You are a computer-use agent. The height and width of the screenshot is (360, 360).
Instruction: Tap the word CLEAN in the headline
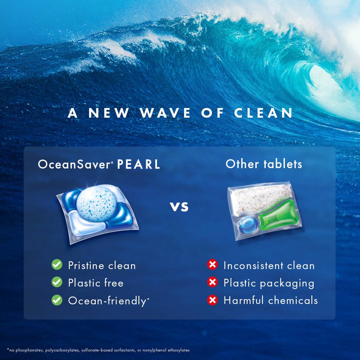pyautogui.click(x=263, y=113)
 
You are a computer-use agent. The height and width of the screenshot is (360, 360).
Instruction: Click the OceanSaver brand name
pyautogui.click(x=75, y=164)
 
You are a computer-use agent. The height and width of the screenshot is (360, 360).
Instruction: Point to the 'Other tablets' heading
pyautogui.click(x=264, y=164)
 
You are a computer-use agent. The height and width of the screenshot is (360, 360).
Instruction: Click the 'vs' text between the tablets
pyautogui.click(x=180, y=206)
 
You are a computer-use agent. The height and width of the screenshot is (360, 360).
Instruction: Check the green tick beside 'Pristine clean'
pyautogui.click(x=57, y=265)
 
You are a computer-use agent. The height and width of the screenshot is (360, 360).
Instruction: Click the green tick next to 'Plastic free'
pyautogui.click(x=57, y=282)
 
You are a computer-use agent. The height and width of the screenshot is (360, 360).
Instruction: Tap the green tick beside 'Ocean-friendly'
pyautogui.click(x=57, y=300)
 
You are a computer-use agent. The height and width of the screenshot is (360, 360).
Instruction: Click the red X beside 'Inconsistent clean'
pyautogui.click(x=212, y=265)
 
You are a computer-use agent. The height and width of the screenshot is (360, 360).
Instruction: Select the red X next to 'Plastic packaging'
pyautogui.click(x=212, y=282)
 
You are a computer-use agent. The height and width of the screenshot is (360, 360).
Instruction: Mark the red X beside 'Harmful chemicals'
pyautogui.click(x=212, y=300)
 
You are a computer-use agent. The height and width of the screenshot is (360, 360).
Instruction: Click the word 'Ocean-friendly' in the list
pyautogui.click(x=107, y=301)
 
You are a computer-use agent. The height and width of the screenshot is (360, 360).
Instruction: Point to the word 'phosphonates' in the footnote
pyautogui.click(x=26, y=350)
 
